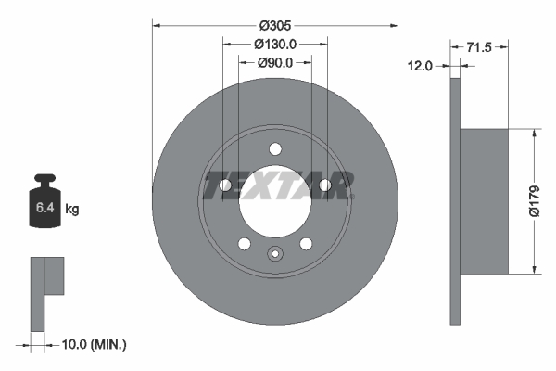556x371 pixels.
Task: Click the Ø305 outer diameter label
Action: point(275,26)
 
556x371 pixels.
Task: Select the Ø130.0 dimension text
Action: point(275,44)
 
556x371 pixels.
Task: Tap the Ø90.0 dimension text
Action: point(275,63)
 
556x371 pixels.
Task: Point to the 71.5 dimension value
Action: point(479,47)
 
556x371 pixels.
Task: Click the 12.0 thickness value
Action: point(420,66)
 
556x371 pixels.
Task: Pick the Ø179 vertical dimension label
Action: point(535,201)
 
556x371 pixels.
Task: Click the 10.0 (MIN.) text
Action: point(94,344)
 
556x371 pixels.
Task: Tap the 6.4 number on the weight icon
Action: point(45,208)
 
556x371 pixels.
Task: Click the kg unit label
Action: point(72,209)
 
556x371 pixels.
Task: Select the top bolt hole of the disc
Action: point(275,149)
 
